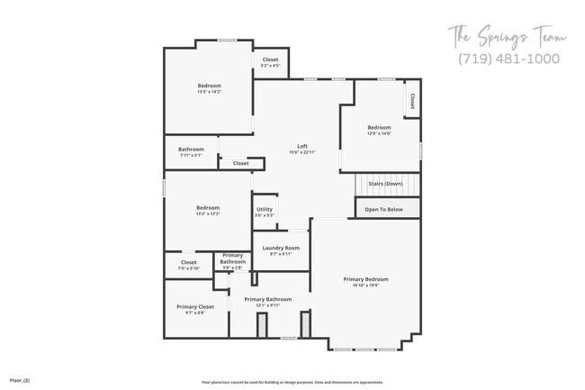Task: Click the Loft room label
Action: point(303,146)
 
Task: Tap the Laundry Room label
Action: point(281,248)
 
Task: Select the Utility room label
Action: point(265,209)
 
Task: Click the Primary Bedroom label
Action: point(365,279)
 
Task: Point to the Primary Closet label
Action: point(195,306)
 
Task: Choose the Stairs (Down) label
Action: point(385,184)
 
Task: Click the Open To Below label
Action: point(384,210)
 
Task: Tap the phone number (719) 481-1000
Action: point(508,59)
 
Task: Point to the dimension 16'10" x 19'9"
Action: point(365,286)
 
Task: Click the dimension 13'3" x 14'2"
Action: point(209,92)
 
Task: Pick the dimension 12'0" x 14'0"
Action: point(379,133)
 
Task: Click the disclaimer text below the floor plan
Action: point(292,382)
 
